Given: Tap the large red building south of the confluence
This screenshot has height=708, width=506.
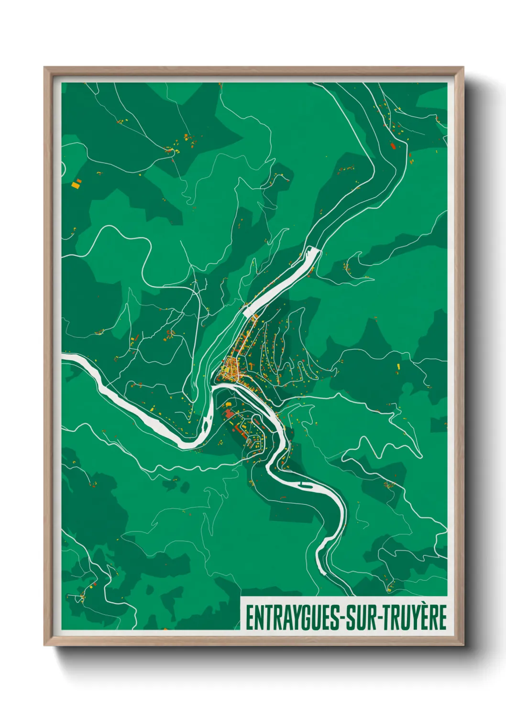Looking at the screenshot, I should click(228, 412).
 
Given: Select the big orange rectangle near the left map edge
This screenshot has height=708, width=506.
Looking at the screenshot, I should click(76, 183).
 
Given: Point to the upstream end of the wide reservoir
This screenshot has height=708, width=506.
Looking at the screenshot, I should click(314, 249).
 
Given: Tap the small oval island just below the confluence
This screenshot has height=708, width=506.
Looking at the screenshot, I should click(206, 423).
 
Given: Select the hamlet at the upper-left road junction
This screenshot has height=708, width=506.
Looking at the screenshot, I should click(169, 150).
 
